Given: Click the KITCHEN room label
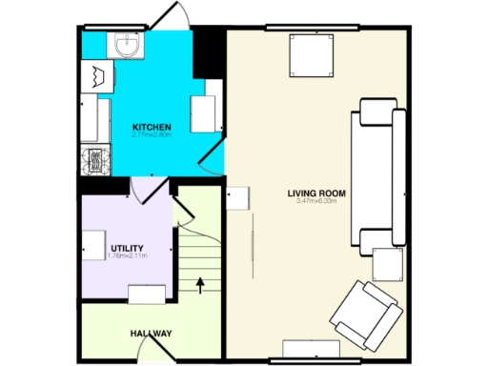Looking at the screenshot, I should click(x=152, y=127).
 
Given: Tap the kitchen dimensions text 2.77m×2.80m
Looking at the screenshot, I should click(x=152, y=135).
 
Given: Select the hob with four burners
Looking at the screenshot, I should click(x=96, y=162).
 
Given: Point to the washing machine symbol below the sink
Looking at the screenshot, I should click(x=97, y=75).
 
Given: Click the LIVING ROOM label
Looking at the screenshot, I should click(x=315, y=193).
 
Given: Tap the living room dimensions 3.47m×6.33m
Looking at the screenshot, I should click(x=315, y=202).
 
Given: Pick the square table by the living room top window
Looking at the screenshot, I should click(x=312, y=54).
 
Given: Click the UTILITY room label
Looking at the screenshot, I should click(x=127, y=249).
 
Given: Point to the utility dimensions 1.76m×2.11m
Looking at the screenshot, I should click(x=127, y=257).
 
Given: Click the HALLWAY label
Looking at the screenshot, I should click(x=151, y=334).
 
